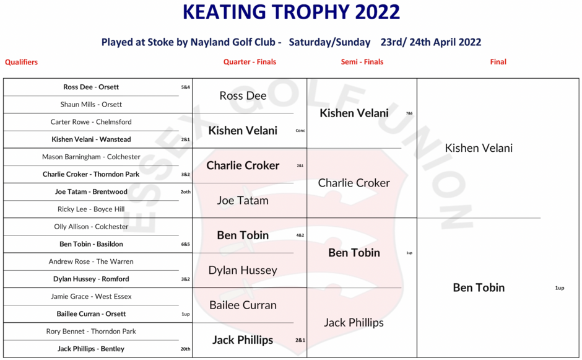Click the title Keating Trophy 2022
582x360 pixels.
[292, 12]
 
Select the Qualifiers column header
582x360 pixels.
[21, 62]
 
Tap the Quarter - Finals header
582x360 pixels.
[250, 62]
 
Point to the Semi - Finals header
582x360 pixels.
[362, 62]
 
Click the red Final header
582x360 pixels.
[498, 62]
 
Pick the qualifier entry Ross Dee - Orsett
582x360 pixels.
[91, 87]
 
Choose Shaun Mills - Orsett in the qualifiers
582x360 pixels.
[91, 104]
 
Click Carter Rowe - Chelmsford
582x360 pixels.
[91, 122]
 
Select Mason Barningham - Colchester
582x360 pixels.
[91, 157]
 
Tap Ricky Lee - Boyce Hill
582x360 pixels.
[91, 209]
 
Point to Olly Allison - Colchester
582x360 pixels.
[91, 227]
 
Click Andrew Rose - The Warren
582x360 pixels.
[91, 261]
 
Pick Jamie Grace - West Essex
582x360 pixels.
[91, 296]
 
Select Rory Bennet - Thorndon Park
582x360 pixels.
[91, 331]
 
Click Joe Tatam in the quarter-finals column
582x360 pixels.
[243, 201]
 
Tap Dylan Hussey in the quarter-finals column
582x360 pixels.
[243, 270]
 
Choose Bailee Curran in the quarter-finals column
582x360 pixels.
[243, 305]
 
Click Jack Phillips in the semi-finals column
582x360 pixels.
[354, 322]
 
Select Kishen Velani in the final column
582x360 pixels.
[479, 148]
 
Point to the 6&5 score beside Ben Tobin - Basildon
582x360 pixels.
[186, 244]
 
